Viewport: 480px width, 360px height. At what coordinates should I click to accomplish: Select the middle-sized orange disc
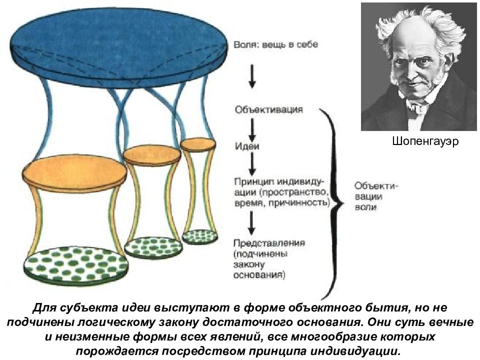click(152, 154)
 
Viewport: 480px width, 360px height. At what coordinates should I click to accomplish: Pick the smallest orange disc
click(198, 144)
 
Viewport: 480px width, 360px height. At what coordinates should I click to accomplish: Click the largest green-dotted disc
click(74, 262)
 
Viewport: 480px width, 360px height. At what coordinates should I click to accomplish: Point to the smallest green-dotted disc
click(199, 235)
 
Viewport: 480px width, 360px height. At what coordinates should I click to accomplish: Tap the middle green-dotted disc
click(152, 245)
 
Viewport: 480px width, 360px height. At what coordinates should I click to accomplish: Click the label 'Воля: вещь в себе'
click(275, 44)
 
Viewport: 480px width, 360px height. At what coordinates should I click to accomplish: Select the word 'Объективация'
click(268, 109)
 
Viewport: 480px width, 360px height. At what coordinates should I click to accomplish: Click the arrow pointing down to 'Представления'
click(252, 223)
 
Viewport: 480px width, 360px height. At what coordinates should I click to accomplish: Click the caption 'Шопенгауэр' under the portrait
click(419, 142)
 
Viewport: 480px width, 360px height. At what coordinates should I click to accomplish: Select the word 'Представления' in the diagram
click(268, 243)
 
